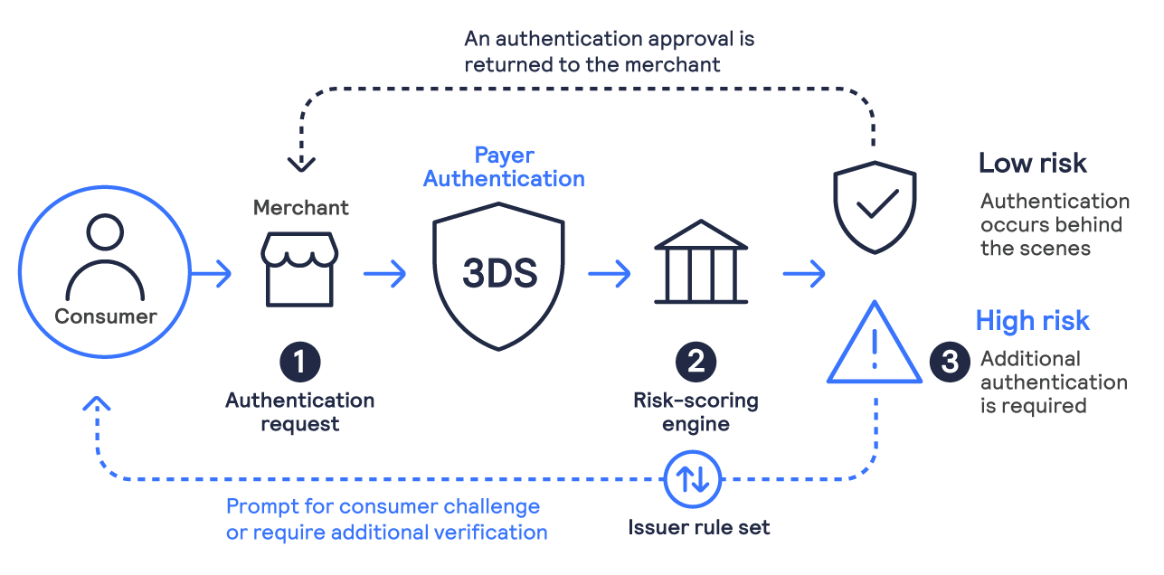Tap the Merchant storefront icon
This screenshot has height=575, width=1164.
tap(299, 269)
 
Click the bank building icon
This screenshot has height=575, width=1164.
tap(700, 262)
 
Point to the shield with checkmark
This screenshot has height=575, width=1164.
tap(874, 207)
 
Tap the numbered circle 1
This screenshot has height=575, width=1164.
tap(299, 362)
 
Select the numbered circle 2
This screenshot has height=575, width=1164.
tap(696, 362)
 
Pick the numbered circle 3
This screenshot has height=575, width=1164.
tap(949, 362)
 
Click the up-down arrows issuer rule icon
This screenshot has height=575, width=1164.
tap(694, 478)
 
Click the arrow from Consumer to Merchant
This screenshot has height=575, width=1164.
tap(212, 273)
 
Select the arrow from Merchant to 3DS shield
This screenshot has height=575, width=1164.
tap(385, 273)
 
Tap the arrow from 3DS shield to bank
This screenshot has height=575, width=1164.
tap(609, 273)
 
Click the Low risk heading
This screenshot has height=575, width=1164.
tap(1032, 163)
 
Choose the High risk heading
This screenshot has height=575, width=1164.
tap(1032, 320)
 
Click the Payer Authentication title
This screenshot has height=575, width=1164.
tap(504, 166)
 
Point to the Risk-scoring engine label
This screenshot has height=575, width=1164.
tap(696, 411)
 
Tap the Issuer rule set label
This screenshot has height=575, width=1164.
tap(699, 527)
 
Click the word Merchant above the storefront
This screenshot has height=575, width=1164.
tap(301, 208)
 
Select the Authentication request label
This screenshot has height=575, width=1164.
tap(299, 411)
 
